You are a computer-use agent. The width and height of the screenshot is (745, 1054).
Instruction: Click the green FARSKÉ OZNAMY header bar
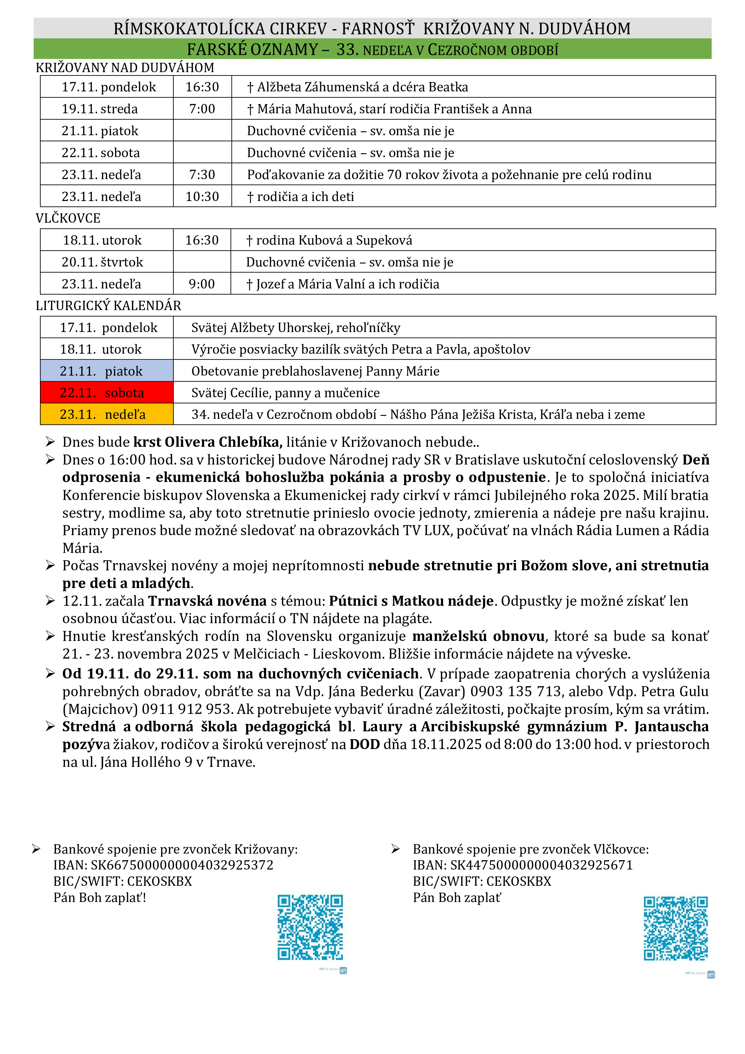[372, 49]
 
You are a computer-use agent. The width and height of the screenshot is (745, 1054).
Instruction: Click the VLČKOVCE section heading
[68, 218]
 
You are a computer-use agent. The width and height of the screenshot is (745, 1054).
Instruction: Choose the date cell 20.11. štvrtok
[102, 262]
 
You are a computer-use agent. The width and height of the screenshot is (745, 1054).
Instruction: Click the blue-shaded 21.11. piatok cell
[107, 371]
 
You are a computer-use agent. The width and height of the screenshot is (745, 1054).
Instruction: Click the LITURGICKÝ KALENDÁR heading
[108, 306]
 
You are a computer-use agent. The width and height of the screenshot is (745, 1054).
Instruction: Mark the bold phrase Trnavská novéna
[207, 601]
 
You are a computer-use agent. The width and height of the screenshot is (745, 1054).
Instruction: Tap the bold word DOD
[364, 744]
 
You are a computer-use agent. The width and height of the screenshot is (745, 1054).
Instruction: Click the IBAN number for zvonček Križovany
[182, 865]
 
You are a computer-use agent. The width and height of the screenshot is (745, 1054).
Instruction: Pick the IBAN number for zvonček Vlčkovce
[541, 865]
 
